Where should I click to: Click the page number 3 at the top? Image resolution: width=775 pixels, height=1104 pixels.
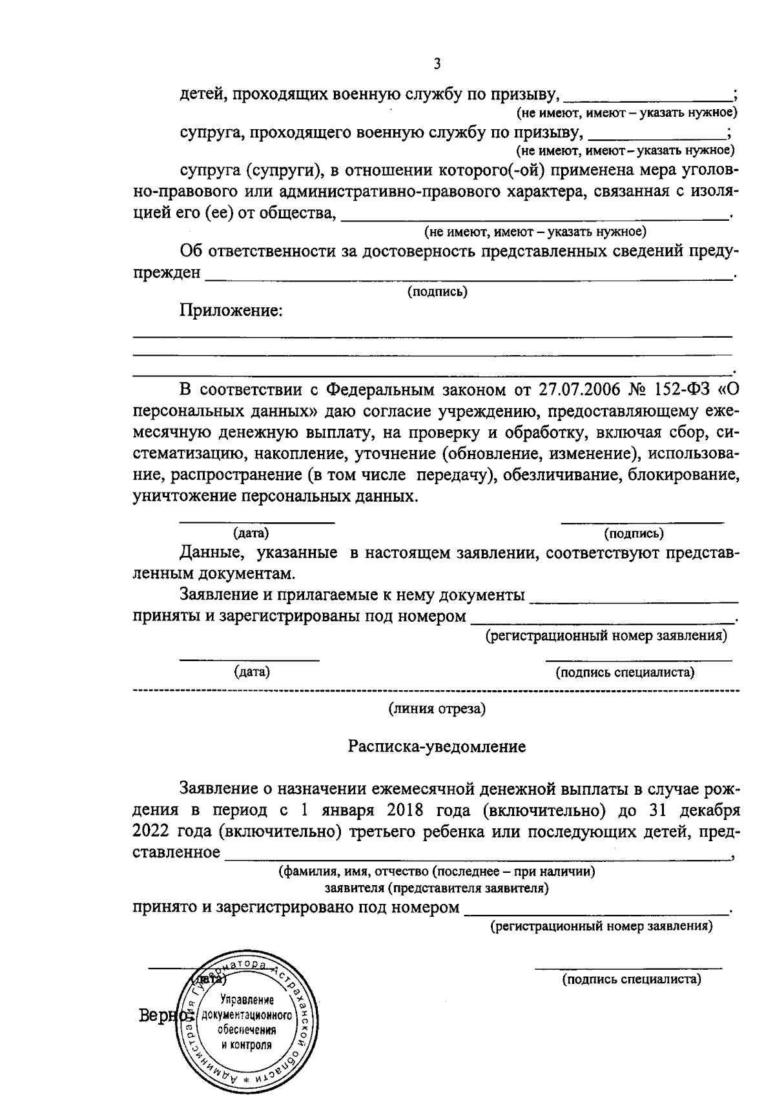coord(437,63)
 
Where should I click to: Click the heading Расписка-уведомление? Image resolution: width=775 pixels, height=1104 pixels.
coord(437,747)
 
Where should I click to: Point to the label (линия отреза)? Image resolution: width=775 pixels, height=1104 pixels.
coord(437,709)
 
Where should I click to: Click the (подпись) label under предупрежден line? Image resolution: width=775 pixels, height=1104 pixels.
coord(437,292)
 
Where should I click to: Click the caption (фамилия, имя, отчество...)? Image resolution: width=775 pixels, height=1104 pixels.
coord(437,872)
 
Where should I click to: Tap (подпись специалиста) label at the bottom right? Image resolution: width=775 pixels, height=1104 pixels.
coord(631,979)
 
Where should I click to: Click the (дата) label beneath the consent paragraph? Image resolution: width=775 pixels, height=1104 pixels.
coord(251,533)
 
